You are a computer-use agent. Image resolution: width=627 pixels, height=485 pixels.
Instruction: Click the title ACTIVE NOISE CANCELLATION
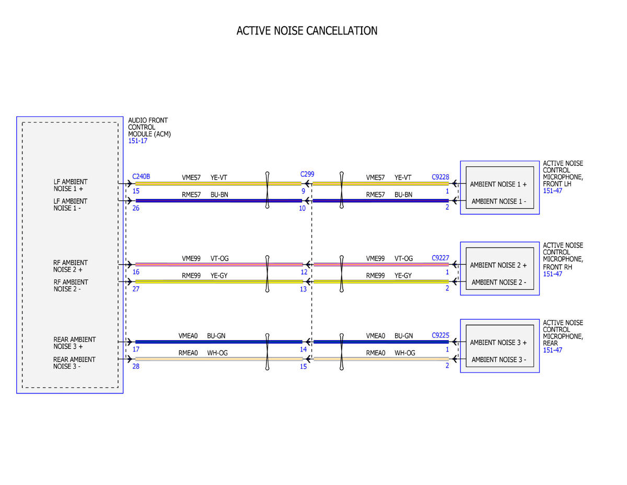307,31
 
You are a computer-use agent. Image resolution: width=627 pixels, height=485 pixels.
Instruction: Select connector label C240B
141,176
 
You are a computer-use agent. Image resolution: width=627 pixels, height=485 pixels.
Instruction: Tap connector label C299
307,174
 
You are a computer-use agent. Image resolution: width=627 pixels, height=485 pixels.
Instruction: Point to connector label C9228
440,177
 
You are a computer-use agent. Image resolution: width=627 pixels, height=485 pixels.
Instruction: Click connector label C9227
440,257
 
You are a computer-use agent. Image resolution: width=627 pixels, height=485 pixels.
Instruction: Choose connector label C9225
440,335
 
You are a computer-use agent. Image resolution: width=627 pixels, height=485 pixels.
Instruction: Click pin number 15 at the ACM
136,191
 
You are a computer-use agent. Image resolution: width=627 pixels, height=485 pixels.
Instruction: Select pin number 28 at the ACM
136,366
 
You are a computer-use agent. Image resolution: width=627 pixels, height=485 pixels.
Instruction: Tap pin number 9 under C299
303,191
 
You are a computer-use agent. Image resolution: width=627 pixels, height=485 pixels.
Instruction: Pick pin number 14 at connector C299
303,349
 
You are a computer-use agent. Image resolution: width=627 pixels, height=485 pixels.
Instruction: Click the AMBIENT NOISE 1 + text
498,184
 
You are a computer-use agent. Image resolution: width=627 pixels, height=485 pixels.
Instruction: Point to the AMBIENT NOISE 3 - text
498,359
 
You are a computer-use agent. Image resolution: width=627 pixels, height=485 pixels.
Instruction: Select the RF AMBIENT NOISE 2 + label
71,266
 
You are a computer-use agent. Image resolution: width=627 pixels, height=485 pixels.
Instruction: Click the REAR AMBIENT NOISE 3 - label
74,363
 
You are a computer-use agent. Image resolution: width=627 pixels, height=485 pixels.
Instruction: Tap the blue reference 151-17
137,141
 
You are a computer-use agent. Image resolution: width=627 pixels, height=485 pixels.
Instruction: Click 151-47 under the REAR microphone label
552,350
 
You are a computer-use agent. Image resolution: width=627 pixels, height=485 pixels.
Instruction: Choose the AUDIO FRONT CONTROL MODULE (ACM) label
149,127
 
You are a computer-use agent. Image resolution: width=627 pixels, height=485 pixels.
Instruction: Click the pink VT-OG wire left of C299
219,264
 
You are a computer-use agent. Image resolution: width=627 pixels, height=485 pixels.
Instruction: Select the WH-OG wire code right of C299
405,353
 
